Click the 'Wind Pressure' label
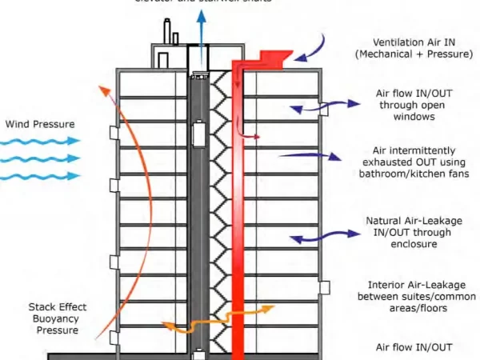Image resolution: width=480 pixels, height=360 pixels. tap(40, 124)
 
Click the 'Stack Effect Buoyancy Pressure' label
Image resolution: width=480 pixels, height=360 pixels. tap(57, 318)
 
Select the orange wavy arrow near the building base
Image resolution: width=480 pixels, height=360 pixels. tap(201, 320)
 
